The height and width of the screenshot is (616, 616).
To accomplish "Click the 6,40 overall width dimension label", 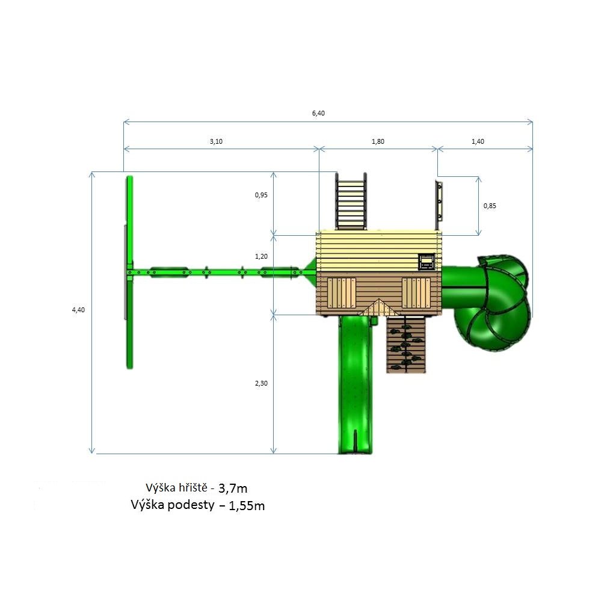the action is [318, 113].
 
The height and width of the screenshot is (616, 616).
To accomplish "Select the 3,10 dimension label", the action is [216, 141].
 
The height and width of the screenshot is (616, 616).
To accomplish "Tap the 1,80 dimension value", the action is [378, 141].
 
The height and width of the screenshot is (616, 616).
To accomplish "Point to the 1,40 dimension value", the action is [478, 141].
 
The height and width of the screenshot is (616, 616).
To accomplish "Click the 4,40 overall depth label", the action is [78, 310].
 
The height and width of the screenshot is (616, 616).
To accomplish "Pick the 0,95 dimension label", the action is [261, 195].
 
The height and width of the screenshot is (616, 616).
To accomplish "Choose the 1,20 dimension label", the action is [261, 256].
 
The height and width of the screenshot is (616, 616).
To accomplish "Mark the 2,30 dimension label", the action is [261, 383].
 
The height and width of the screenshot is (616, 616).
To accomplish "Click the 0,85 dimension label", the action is [490, 206].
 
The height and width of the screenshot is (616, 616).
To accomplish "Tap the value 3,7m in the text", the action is [233, 488].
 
